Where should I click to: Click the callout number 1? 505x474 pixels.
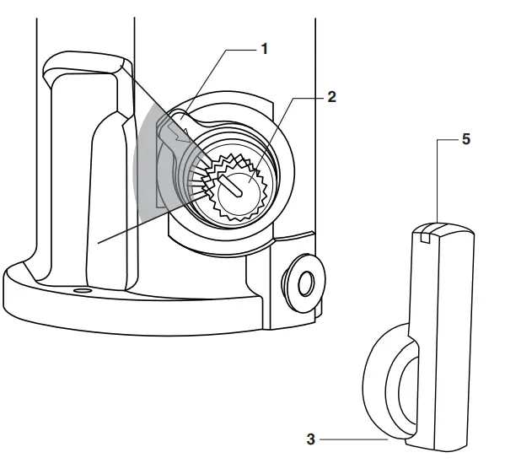(264, 49)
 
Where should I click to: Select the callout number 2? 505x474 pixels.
(331, 96)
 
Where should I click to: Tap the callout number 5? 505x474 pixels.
(466, 140)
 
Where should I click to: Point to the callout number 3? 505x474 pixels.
(310, 439)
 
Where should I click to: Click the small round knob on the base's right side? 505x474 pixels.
(301, 278)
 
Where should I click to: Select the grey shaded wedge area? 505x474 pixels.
(148, 169)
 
